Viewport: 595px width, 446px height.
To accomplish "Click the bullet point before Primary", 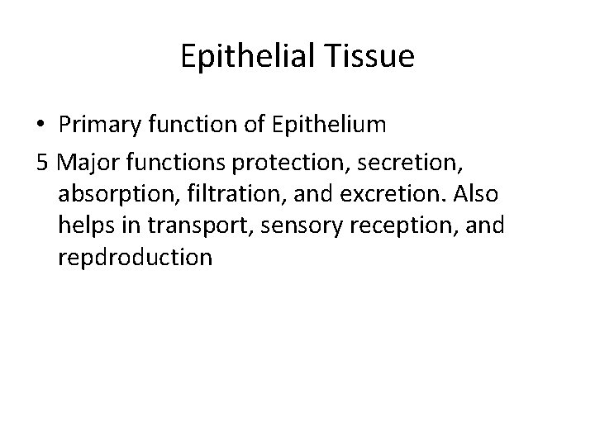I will pos(42,125).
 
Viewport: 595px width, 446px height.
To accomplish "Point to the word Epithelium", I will pos(325,125).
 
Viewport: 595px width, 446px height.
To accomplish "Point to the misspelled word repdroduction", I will pos(136,259).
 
